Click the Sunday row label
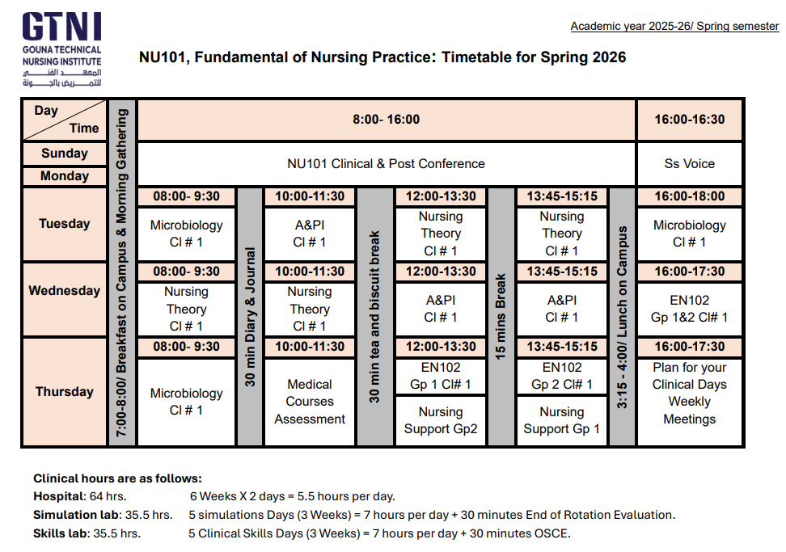tap(64, 154)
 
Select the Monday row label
tap(64, 176)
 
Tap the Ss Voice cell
tap(689, 163)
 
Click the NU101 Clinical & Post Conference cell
tap(386, 163)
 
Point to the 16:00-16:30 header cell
tap(689, 120)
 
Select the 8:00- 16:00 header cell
tap(386, 120)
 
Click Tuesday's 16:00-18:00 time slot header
tap(689, 196)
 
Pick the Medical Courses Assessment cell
tap(309, 402)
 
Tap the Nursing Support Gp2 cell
tap(440, 420)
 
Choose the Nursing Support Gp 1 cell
tap(561, 420)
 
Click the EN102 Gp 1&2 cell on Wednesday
tap(689, 309)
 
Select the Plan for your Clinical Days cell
tap(689, 394)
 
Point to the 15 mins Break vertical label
tap(501, 317)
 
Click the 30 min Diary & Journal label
tap(250, 317)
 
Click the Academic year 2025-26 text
tap(674, 27)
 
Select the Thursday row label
tap(64, 392)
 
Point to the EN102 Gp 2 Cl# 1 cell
tap(561, 376)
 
